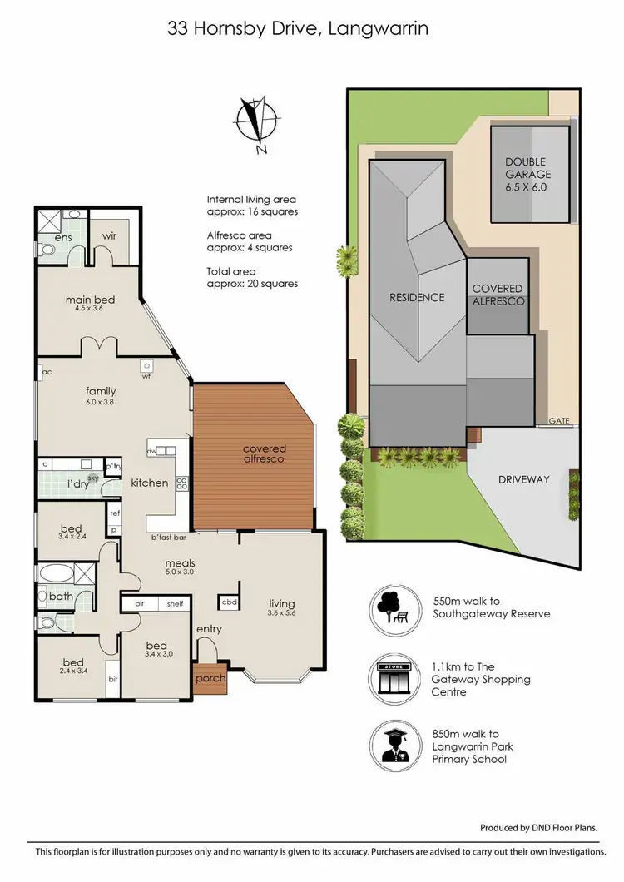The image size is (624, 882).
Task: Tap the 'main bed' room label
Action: (x=90, y=300)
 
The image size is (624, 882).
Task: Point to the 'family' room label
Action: (x=100, y=391)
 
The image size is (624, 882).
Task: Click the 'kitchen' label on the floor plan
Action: (x=150, y=483)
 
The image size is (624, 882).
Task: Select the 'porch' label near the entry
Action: (x=210, y=678)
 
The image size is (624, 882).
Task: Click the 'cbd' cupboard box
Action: (x=229, y=602)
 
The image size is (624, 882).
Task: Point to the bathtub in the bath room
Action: (x=57, y=573)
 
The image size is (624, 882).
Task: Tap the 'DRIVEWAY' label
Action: (x=524, y=480)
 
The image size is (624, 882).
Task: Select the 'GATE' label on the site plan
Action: (x=559, y=422)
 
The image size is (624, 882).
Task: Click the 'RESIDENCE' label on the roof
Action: (x=418, y=297)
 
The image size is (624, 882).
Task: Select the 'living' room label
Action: (x=281, y=604)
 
